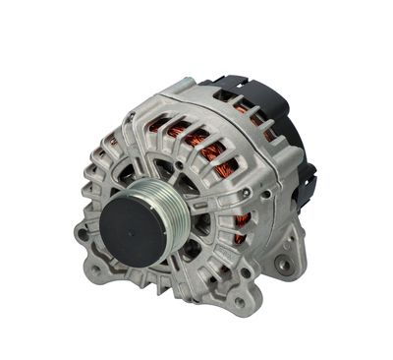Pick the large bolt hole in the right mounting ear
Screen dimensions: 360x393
pyautogui.click(x=286, y=263)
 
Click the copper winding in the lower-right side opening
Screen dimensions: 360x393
pyautogui.click(x=239, y=231)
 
